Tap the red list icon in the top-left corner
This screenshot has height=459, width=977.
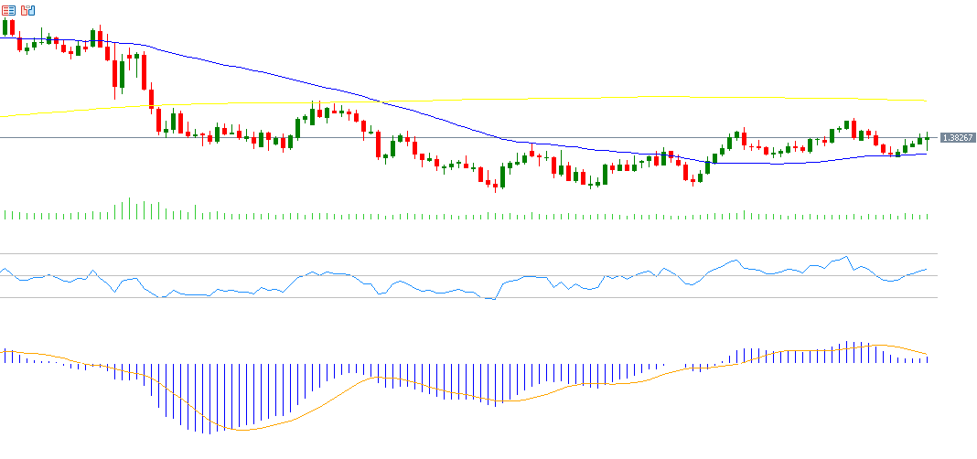click(x=9, y=10)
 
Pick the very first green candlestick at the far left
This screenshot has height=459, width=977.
click(x=5, y=27)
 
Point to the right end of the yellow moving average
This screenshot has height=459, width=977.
click(x=927, y=101)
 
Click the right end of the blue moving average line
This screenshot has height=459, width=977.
click(x=927, y=153)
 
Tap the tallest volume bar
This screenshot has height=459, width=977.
click(x=129, y=208)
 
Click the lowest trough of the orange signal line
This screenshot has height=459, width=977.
click(x=240, y=430)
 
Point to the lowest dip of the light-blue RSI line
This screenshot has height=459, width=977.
click(x=491, y=299)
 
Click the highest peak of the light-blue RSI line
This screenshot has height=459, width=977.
click(x=847, y=256)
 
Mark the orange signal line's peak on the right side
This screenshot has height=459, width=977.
click(x=876, y=346)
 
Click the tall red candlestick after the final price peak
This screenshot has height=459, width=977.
click(x=854, y=130)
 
